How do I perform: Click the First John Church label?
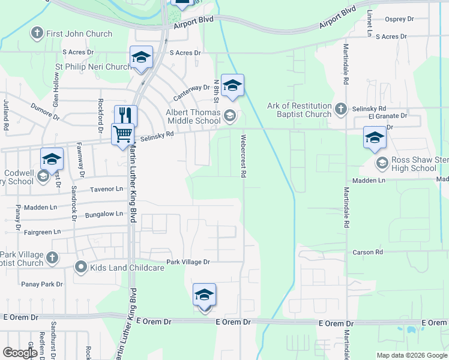tap(79, 34)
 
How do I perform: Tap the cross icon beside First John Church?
tap(37, 33)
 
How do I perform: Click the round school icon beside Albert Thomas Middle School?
tap(229, 115)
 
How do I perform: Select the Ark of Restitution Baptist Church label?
tap(304, 110)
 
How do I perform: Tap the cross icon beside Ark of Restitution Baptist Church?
tap(341, 109)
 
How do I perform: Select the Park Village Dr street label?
tap(188, 262)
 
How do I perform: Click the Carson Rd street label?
tap(367, 253)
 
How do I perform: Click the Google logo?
tap(20, 353)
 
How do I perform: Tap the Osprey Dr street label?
tap(400, 19)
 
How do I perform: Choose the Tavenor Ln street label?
tap(106, 189)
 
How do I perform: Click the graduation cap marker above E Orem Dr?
tap(204, 295)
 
